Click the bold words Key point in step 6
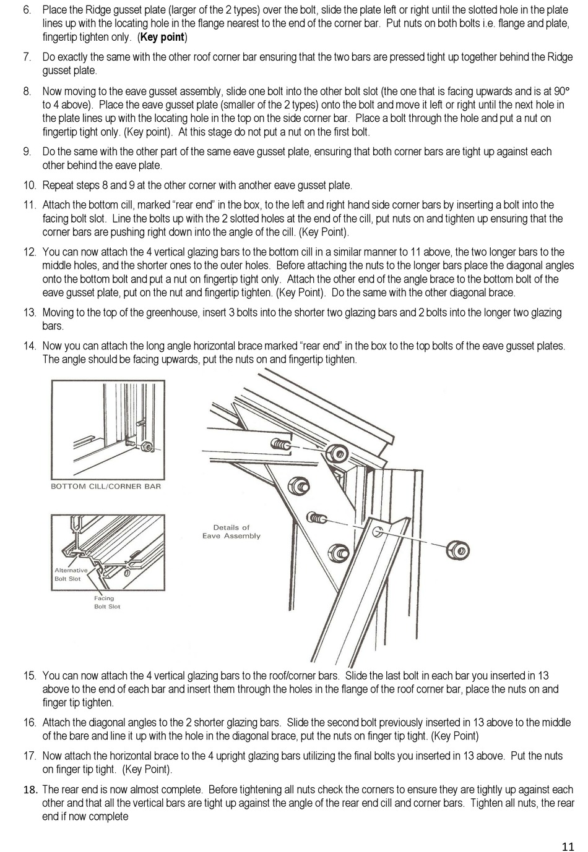pyautogui.click(x=163, y=37)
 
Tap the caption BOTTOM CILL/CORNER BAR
pyautogui.click(x=105, y=486)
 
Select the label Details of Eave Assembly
pyautogui.click(x=231, y=532)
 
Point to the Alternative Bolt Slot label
pyautogui.click(x=71, y=574)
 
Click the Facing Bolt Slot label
pyautogui.click(x=107, y=602)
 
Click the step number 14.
pyautogui.click(x=30, y=346)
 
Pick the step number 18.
pyautogui.click(x=30, y=790)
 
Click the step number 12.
pyautogui.click(x=30, y=252)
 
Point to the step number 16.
pyautogui.click(x=30, y=722)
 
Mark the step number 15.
pyautogui.click(x=30, y=676)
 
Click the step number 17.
pyautogui.click(x=30, y=756)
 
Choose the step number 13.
pyautogui.click(x=30, y=312)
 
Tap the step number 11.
pyautogui.click(x=30, y=205)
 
